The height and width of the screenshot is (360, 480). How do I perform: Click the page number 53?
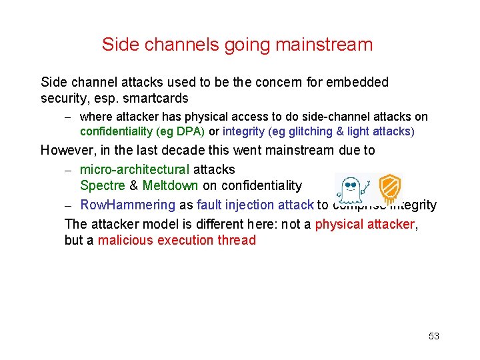434,336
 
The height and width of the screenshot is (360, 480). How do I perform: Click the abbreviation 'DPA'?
188,131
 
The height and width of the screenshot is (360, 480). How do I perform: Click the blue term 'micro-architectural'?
135,169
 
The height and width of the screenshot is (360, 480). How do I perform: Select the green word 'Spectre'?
102,185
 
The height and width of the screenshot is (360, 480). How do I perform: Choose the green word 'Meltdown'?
170,185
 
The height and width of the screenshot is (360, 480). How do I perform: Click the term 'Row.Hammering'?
127,205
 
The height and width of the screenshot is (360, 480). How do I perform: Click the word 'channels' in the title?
173,45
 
